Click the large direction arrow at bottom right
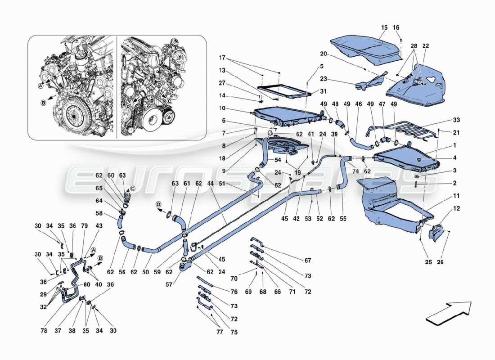click(449, 312)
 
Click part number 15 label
click(384, 28)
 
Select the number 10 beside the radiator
click(222, 108)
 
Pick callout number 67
click(308, 260)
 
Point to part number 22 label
click(426, 46)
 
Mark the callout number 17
click(222, 58)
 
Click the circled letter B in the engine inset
click(44, 102)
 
